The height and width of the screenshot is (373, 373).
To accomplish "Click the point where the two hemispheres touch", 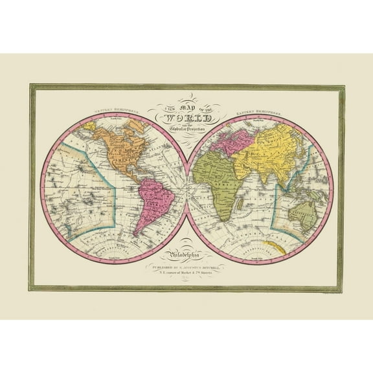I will (186, 188).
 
